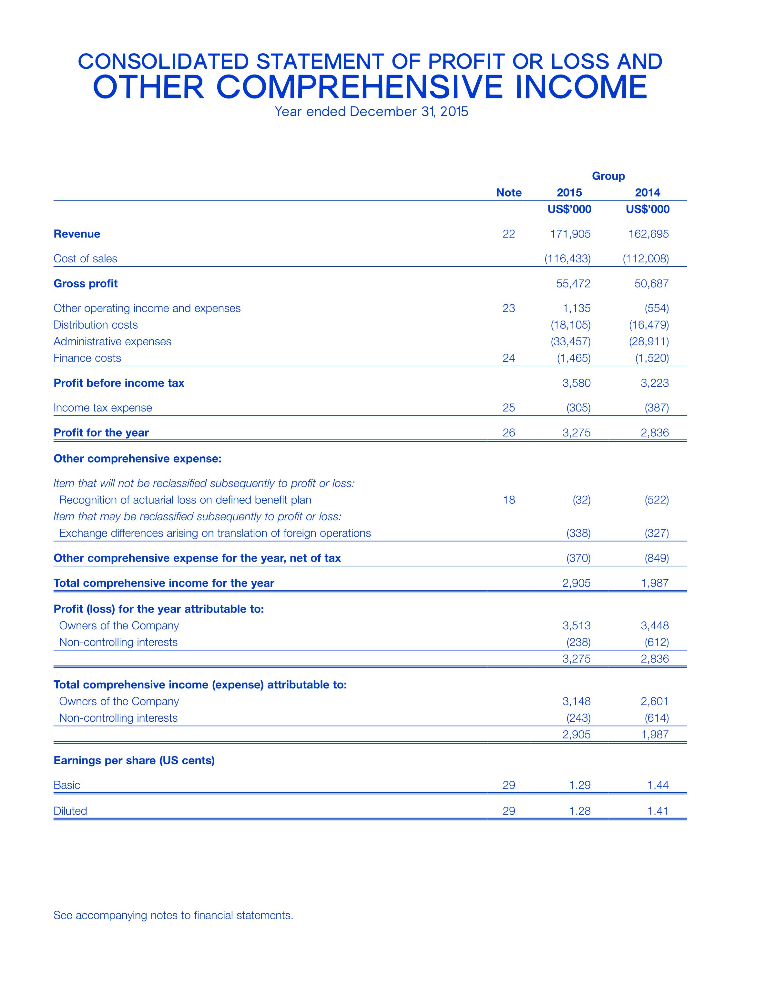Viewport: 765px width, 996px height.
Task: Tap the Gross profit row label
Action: pyautogui.click(x=86, y=284)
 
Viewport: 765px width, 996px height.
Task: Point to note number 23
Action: pyautogui.click(x=509, y=308)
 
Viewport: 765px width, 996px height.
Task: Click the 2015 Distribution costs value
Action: pyautogui.click(x=571, y=325)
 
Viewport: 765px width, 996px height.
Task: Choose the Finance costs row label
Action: pyautogui.click(x=87, y=358)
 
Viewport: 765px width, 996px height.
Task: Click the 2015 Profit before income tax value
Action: pyautogui.click(x=576, y=383)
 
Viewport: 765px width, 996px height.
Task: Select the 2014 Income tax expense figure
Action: pyautogui.click(x=657, y=408)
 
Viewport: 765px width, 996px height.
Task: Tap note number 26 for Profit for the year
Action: pyautogui.click(x=509, y=432)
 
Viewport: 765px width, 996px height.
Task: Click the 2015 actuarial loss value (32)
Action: pyautogui.click(x=581, y=500)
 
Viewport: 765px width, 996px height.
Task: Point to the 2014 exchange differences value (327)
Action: pyautogui.click(x=657, y=533)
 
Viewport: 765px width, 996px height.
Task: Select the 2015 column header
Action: pyautogui.click(x=569, y=193)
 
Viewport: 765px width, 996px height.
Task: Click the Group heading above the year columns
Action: pyautogui.click(x=608, y=176)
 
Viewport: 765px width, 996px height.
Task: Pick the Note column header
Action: pyautogui.click(x=509, y=193)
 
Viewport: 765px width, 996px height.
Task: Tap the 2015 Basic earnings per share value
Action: pyautogui.click(x=580, y=785)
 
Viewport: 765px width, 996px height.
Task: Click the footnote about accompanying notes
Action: pyautogui.click(x=173, y=915)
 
